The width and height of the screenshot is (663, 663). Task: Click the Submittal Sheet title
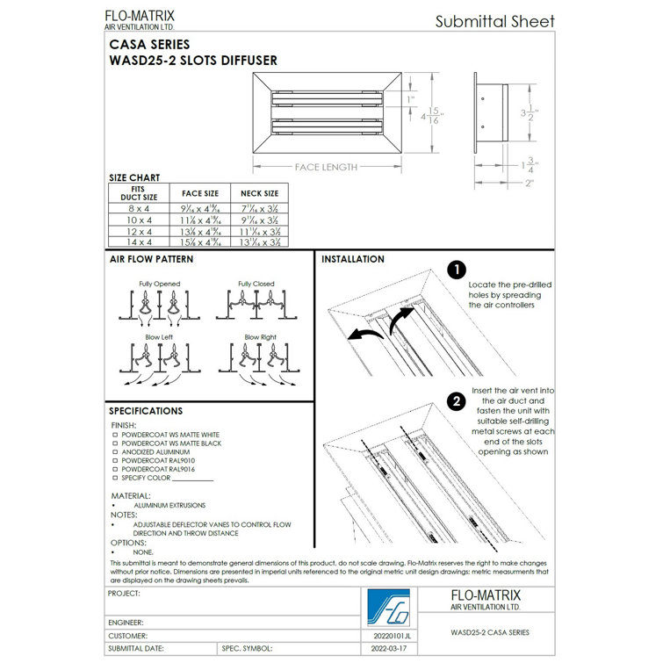tap(495, 22)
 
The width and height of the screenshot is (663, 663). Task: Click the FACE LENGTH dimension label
tap(326, 167)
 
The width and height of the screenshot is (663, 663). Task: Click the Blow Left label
tap(159, 336)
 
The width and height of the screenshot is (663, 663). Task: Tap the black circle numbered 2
tap(456, 402)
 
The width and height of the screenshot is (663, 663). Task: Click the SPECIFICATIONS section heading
tap(146, 410)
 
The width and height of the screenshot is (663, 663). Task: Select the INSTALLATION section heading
tap(352, 260)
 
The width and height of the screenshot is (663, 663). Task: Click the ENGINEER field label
tap(126, 621)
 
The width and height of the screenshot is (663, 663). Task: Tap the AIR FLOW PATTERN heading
tap(151, 260)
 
